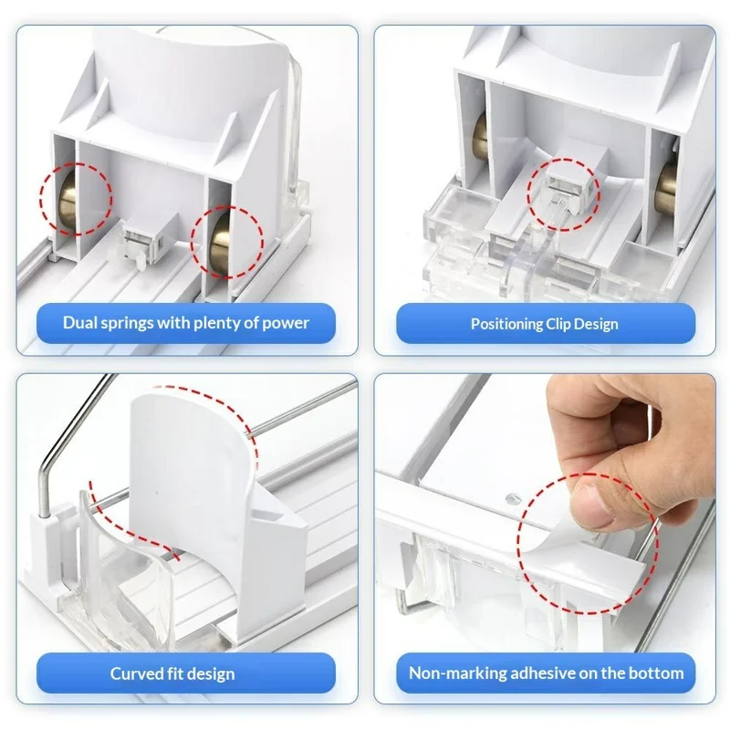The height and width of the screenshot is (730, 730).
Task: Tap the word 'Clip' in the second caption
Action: [562, 323]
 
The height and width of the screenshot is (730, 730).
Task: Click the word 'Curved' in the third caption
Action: [137, 674]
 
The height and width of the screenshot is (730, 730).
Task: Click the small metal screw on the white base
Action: [507, 497]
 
